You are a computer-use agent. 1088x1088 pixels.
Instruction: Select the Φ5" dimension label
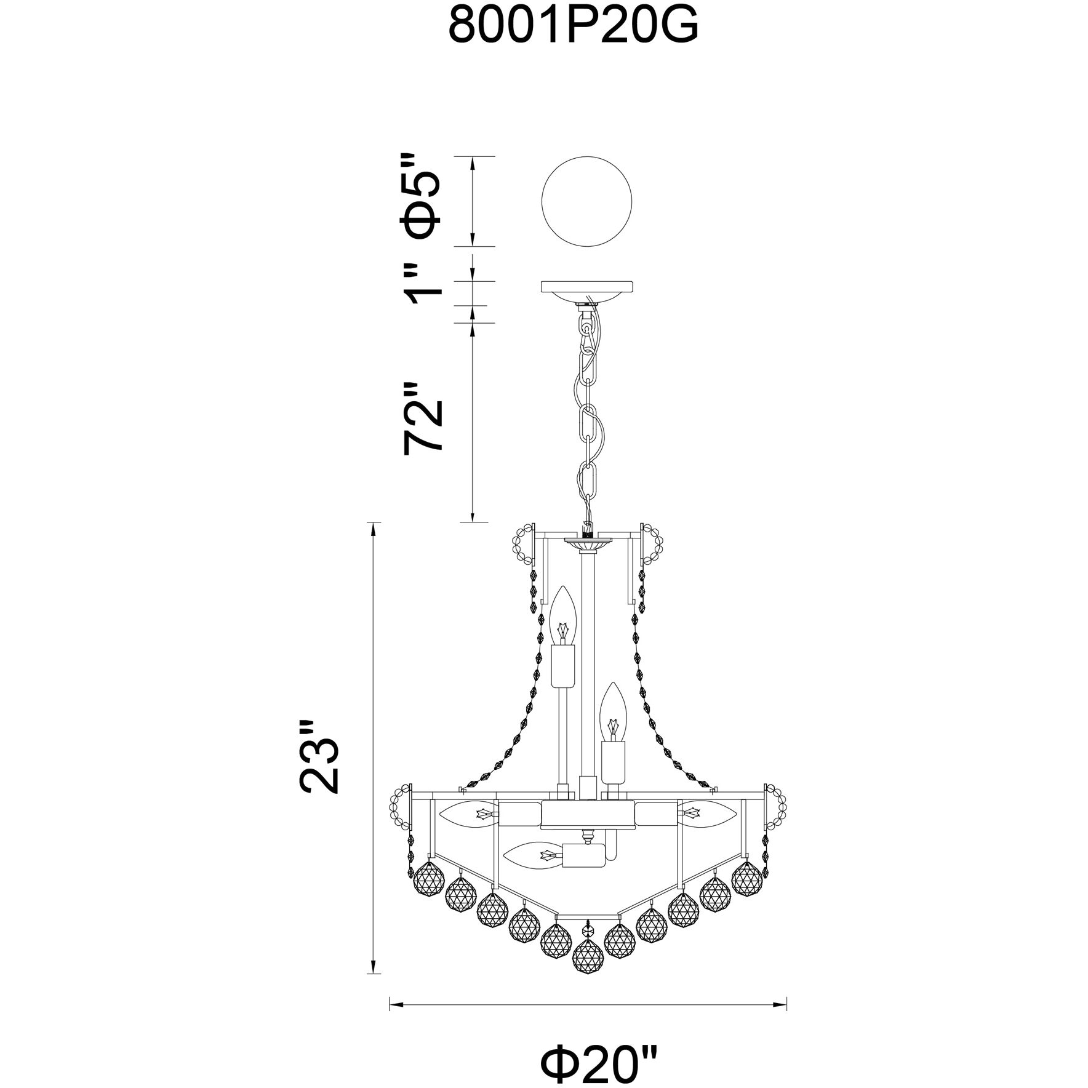[422, 196]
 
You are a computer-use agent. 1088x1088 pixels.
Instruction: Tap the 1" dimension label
[423, 287]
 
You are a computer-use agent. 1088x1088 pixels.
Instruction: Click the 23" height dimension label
[319, 755]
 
